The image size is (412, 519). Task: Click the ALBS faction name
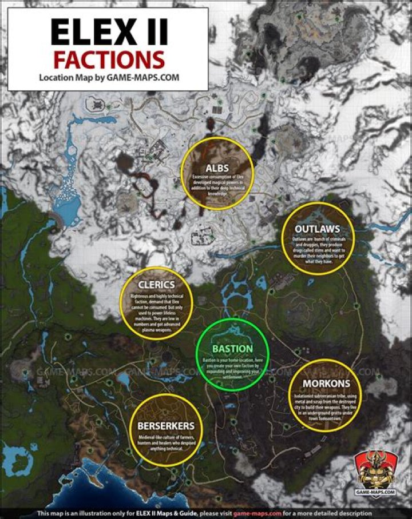click(x=217, y=167)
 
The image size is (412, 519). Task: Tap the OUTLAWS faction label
click(x=318, y=229)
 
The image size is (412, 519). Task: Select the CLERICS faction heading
click(x=156, y=284)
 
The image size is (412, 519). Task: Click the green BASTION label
click(x=232, y=349)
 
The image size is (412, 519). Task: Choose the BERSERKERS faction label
click(x=166, y=426)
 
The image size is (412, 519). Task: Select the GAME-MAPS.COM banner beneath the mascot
click(x=375, y=491)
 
